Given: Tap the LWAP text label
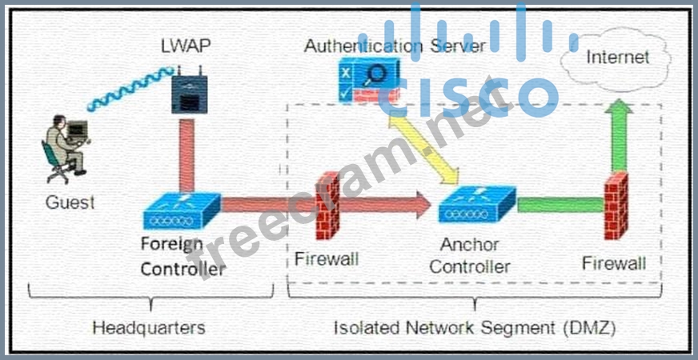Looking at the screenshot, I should (x=186, y=45).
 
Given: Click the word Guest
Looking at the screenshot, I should (x=70, y=202).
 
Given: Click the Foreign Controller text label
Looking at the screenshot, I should (x=183, y=256).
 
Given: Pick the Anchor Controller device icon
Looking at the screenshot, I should (x=475, y=207).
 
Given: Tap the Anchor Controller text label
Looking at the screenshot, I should (x=469, y=255).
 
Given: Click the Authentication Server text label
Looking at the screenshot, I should (x=395, y=46).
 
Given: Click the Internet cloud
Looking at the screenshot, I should (x=617, y=58).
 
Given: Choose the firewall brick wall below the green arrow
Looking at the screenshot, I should (x=616, y=206).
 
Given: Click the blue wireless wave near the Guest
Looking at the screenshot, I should (x=128, y=89).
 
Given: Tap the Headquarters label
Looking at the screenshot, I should (x=148, y=327).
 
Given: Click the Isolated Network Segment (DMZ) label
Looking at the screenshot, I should (x=475, y=327).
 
